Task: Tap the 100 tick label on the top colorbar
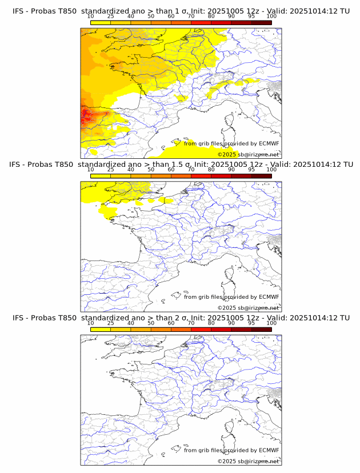pos(271,17)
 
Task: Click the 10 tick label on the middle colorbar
pos(91,170)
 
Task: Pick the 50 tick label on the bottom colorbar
pos(151,323)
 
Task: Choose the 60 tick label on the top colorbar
pos(171,17)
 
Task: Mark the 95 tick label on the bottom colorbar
pos(251,323)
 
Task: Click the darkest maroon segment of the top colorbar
pos(261,22)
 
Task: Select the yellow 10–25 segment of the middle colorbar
pos(101,175)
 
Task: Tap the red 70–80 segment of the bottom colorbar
pos(201,329)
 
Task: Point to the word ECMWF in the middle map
pos(269,296)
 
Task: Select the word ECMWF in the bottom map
pos(269,450)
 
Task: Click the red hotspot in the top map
pos(87,117)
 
